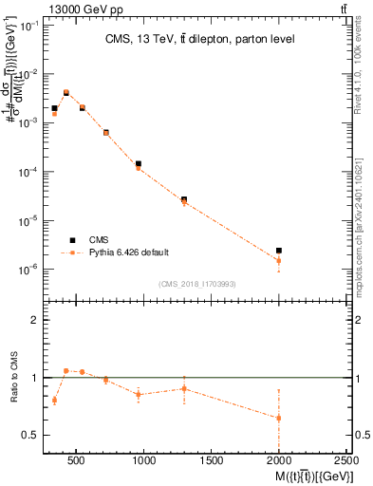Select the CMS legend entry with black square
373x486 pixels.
83,239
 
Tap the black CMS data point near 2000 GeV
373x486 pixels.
279,251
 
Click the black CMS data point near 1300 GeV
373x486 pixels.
184,199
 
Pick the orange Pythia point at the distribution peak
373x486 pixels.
66,93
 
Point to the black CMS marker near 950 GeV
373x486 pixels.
139,163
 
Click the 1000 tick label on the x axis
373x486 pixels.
144,461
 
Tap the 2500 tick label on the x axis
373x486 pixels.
347,461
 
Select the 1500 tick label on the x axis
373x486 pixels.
213,461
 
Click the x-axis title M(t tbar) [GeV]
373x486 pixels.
308,477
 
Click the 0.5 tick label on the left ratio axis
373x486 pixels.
30,435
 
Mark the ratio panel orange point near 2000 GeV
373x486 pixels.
279,418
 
